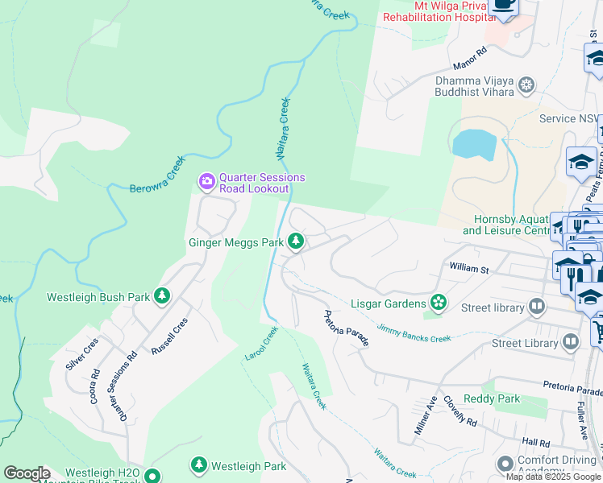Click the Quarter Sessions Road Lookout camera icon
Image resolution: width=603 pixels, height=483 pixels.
click(x=207, y=181)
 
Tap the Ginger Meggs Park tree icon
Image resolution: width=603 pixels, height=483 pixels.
click(x=296, y=241)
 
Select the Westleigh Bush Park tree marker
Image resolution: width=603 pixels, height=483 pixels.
click(x=162, y=296)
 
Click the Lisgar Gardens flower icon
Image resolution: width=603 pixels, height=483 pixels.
click(x=438, y=303)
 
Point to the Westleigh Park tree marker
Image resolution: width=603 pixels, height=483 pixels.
click(x=198, y=465)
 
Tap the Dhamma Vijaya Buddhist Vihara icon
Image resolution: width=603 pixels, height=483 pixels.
click(x=526, y=85)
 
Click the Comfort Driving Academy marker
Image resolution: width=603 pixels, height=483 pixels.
click(x=505, y=464)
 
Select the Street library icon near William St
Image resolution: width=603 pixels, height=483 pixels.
click(x=537, y=307)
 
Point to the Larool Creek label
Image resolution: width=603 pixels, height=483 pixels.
click(x=261, y=343)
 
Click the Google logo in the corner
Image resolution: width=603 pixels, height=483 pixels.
click(x=27, y=473)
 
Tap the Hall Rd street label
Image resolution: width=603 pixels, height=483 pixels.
click(x=535, y=442)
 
